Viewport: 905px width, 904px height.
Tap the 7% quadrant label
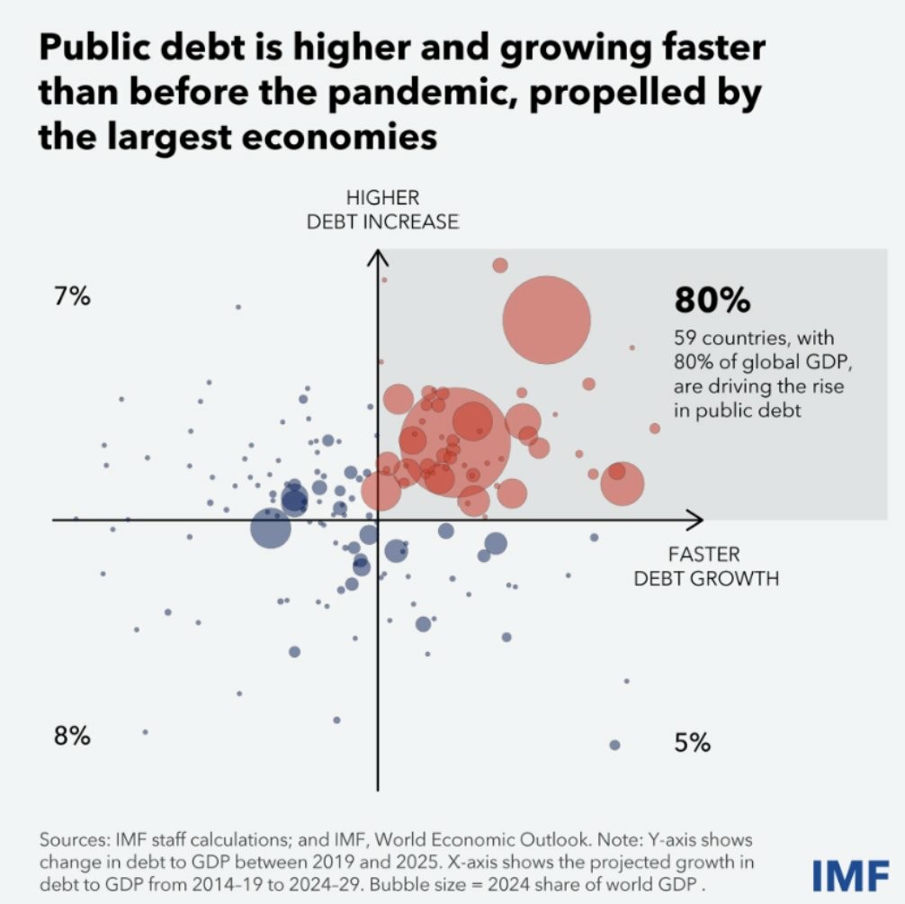point(72,297)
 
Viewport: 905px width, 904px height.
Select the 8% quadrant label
point(72,736)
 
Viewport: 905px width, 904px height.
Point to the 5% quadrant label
point(693,743)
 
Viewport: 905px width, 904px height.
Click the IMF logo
point(850,874)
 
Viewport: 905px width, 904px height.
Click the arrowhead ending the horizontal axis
point(695,520)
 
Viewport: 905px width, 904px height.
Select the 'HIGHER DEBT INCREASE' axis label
point(382,210)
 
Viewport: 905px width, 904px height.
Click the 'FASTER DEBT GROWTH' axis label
point(705,566)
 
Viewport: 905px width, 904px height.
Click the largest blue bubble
point(270,529)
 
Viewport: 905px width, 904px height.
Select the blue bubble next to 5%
point(615,745)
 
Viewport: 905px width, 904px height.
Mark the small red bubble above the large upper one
point(500,265)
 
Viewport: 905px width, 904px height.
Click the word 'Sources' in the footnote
point(72,838)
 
